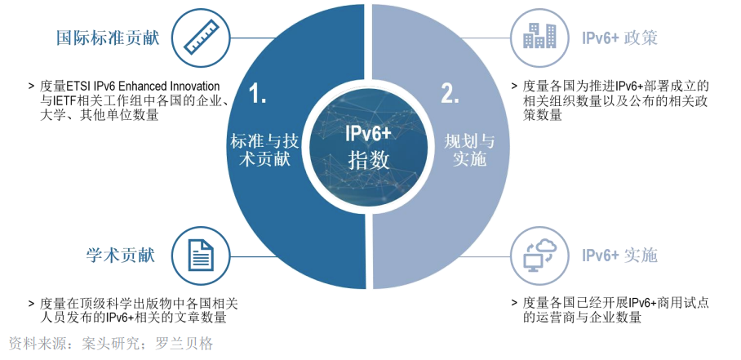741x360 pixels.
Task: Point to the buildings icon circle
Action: pos(540,38)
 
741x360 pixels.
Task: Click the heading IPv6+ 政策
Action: pos(619,38)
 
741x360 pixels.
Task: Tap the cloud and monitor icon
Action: pos(540,256)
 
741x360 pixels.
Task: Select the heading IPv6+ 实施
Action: pos(619,256)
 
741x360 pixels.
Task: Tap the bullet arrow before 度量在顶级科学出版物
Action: pos(31,301)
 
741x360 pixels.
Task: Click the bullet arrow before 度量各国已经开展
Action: pos(514,301)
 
